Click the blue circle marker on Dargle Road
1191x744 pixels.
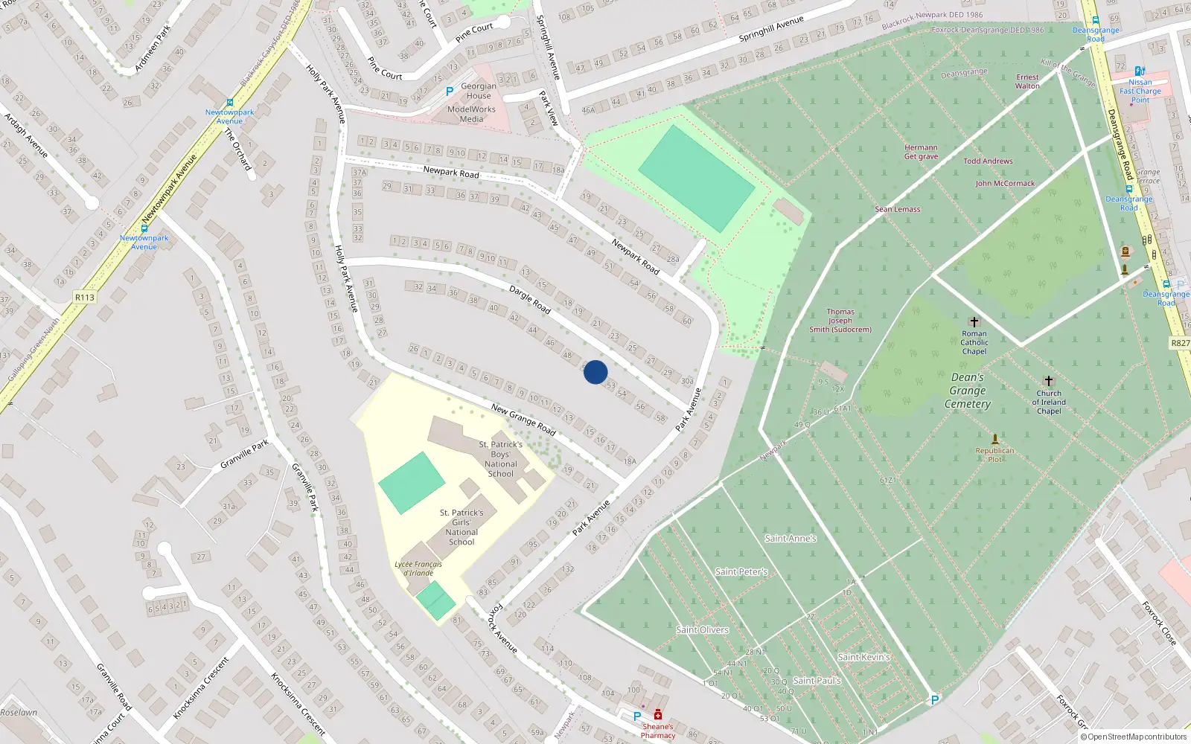595,372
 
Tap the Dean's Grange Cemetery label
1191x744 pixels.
968,391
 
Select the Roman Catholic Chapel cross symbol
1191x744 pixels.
974,322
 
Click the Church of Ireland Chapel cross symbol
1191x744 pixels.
1049,381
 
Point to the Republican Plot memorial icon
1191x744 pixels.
994,439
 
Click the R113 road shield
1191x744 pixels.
85,298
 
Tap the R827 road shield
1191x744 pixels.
1180,343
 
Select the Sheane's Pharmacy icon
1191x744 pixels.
658,716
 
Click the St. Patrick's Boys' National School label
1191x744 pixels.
500,459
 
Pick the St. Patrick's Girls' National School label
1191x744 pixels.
462,527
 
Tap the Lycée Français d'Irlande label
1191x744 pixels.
418,568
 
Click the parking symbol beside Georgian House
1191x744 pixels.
450,92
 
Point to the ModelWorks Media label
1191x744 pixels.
471,114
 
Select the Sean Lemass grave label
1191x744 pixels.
898,209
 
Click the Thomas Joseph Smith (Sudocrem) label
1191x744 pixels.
840,321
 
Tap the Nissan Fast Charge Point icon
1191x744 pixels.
1140,71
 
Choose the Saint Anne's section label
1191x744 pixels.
791,538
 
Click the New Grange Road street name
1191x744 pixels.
523,420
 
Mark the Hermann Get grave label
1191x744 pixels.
921,152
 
